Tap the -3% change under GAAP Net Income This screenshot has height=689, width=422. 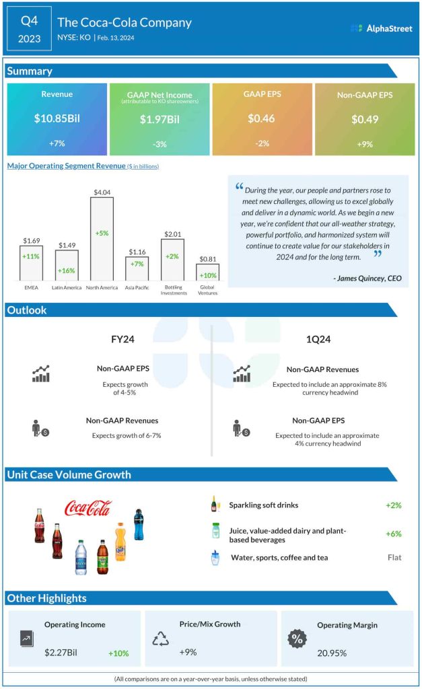[160, 145]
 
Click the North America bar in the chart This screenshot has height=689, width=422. [102, 238]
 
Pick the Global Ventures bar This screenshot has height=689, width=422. [207, 272]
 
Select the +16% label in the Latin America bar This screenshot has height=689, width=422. [67, 270]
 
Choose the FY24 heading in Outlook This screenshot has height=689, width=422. [122, 339]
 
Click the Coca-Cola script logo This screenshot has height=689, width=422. [88, 508]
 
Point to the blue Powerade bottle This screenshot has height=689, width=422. [139, 525]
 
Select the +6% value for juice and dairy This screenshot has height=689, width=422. [393, 534]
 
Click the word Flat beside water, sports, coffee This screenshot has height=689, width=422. [394, 558]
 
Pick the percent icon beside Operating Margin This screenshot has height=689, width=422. [297, 639]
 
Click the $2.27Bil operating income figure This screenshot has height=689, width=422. [65, 653]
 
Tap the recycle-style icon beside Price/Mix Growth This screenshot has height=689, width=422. [160, 639]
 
